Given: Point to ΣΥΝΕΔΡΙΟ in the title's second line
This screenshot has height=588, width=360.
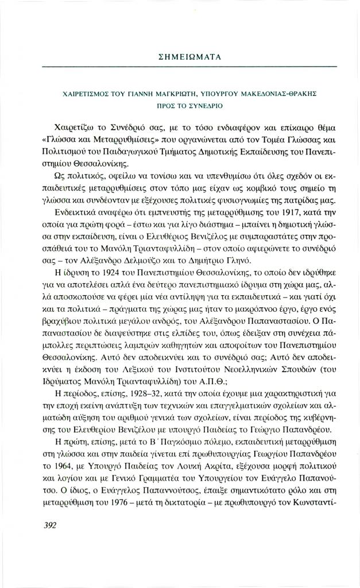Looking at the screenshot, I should point(206,106).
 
